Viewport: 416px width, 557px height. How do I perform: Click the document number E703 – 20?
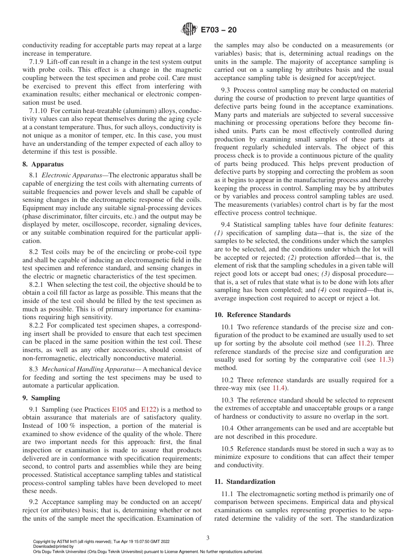coord(219,30)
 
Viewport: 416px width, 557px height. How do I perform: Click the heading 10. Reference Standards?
coord(252,315)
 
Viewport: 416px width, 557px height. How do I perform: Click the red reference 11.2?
coord(365,343)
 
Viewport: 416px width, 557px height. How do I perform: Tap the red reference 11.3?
coord(386,360)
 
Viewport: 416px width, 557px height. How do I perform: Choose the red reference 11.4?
coord(279,388)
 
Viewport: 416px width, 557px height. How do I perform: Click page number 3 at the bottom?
coord(208,538)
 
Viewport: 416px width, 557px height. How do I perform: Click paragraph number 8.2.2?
coord(37,325)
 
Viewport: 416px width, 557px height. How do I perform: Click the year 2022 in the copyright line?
coord(165,541)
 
